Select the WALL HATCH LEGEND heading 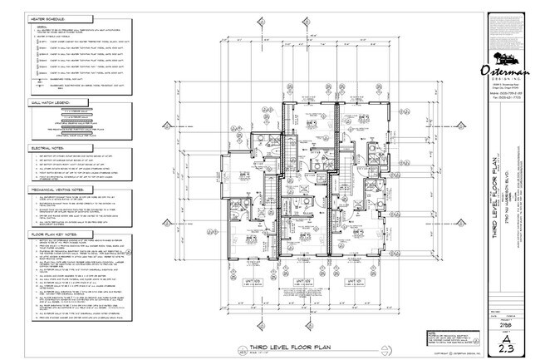(x=51, y=106)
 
